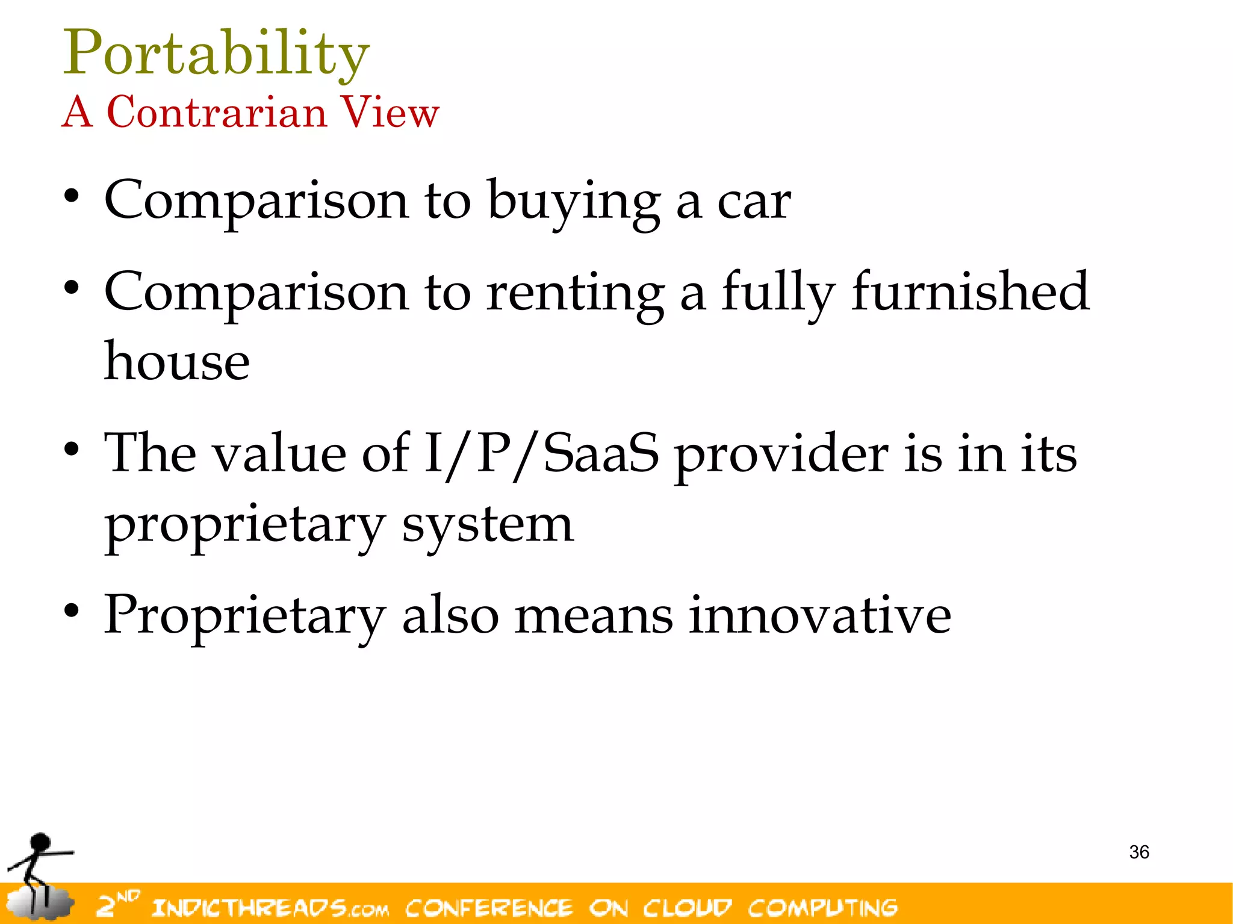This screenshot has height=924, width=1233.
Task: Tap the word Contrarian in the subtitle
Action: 217,113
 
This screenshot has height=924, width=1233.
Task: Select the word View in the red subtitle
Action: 390,113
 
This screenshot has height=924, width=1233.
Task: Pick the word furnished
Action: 970,292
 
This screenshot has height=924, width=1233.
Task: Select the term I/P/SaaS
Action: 541,454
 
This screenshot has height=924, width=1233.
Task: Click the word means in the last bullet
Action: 594,616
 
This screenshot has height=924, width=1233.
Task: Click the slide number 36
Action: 1139,852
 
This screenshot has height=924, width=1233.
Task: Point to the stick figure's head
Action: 41,842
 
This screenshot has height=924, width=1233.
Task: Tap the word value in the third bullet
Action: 280,454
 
